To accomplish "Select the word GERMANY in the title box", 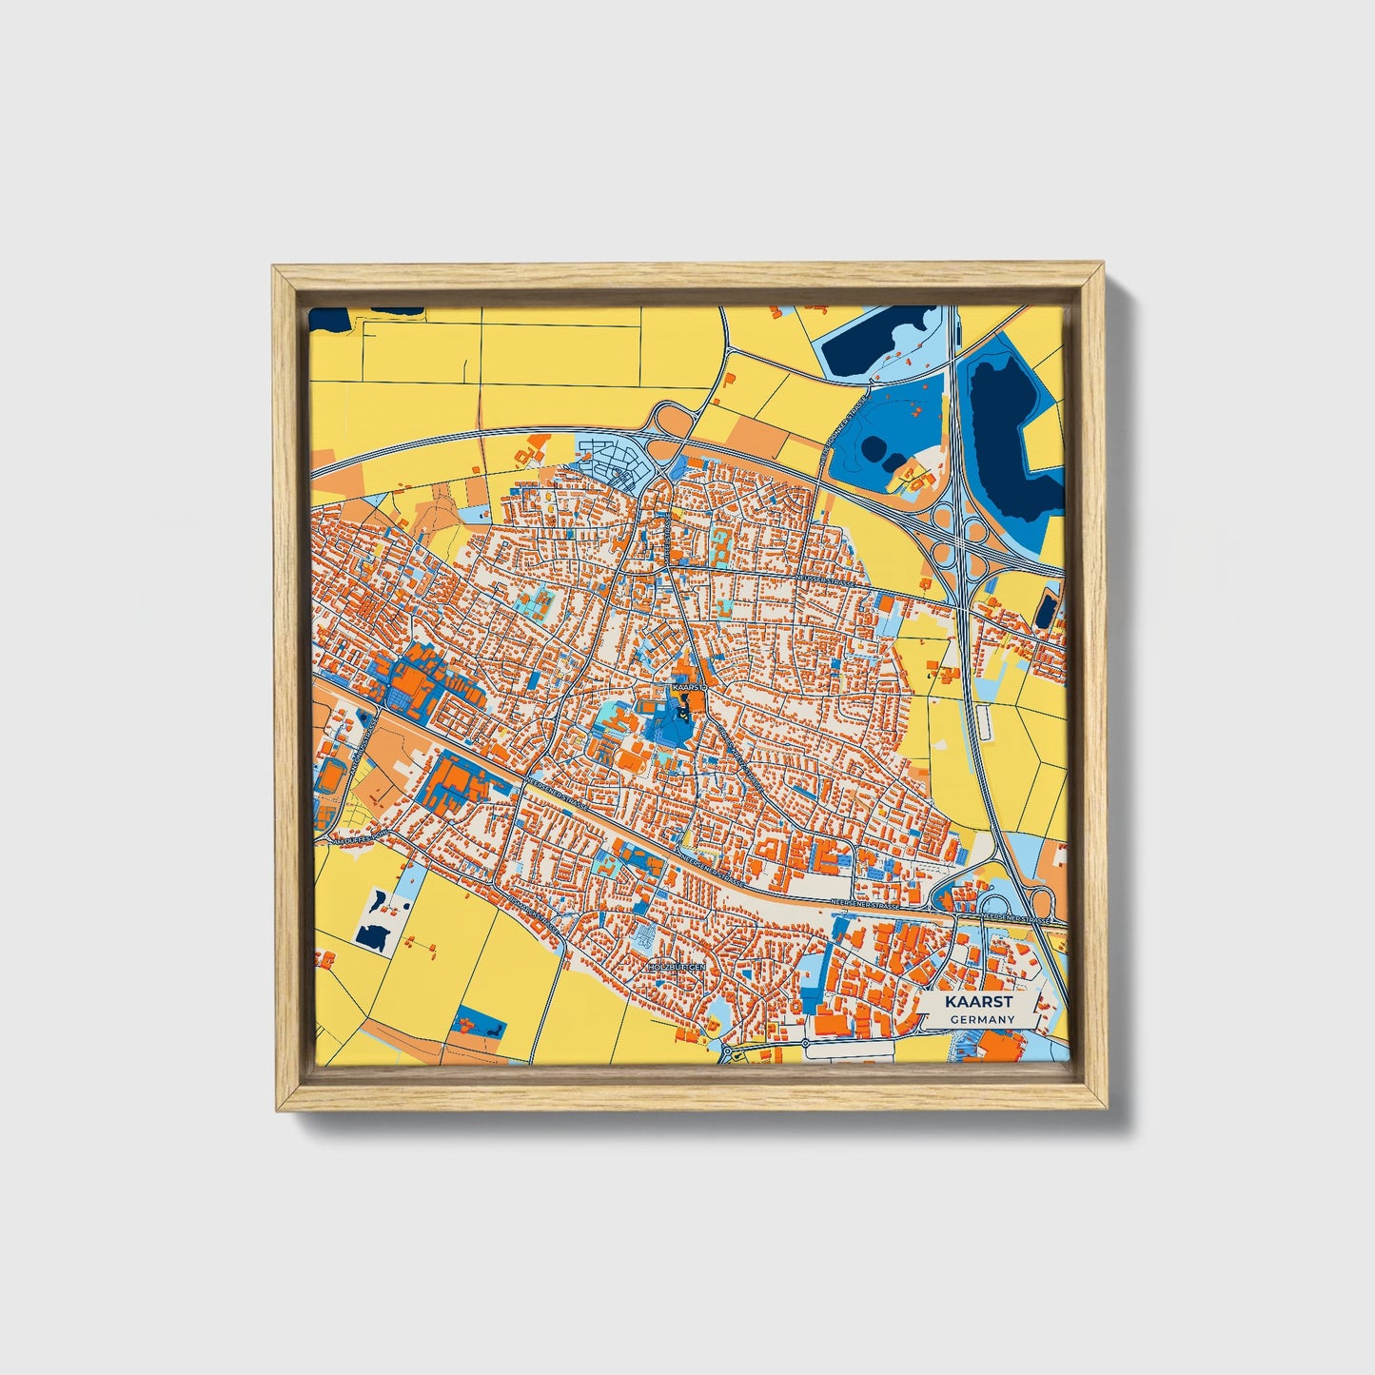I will click(x=981, y=1019).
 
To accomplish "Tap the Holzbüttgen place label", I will click(x=673, y=966).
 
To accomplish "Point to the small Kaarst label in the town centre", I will click(x=686, y=685).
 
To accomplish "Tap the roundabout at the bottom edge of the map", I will click(x=734, y=1055).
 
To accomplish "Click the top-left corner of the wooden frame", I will click(x=275, y=268).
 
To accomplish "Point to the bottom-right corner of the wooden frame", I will click(x=1106, y=1108).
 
